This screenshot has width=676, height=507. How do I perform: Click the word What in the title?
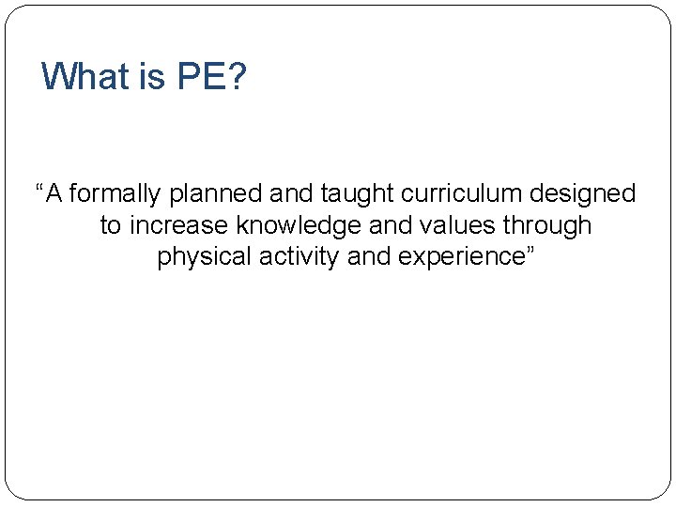pos(86,76)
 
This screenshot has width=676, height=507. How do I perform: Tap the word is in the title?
pos(152,76)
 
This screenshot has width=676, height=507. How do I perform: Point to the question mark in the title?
pos(238,76)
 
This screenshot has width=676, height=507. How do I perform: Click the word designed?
pos(582,195)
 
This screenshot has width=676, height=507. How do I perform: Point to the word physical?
pos(198,257)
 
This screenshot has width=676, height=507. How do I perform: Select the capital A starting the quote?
pos(54,194)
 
